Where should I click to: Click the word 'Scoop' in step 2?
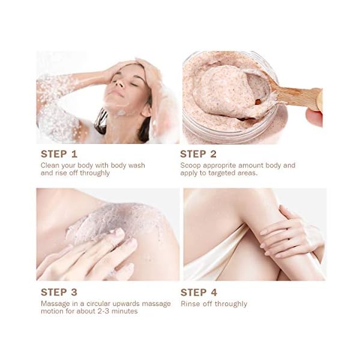tap(192, 164)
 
